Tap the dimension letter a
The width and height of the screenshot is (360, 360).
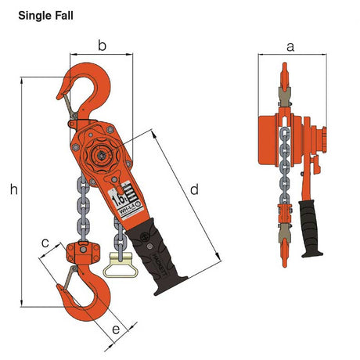(x=290, y=46)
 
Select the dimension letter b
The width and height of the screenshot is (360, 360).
(x=101, y=45)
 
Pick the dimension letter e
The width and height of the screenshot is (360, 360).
(x=116, y=329)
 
